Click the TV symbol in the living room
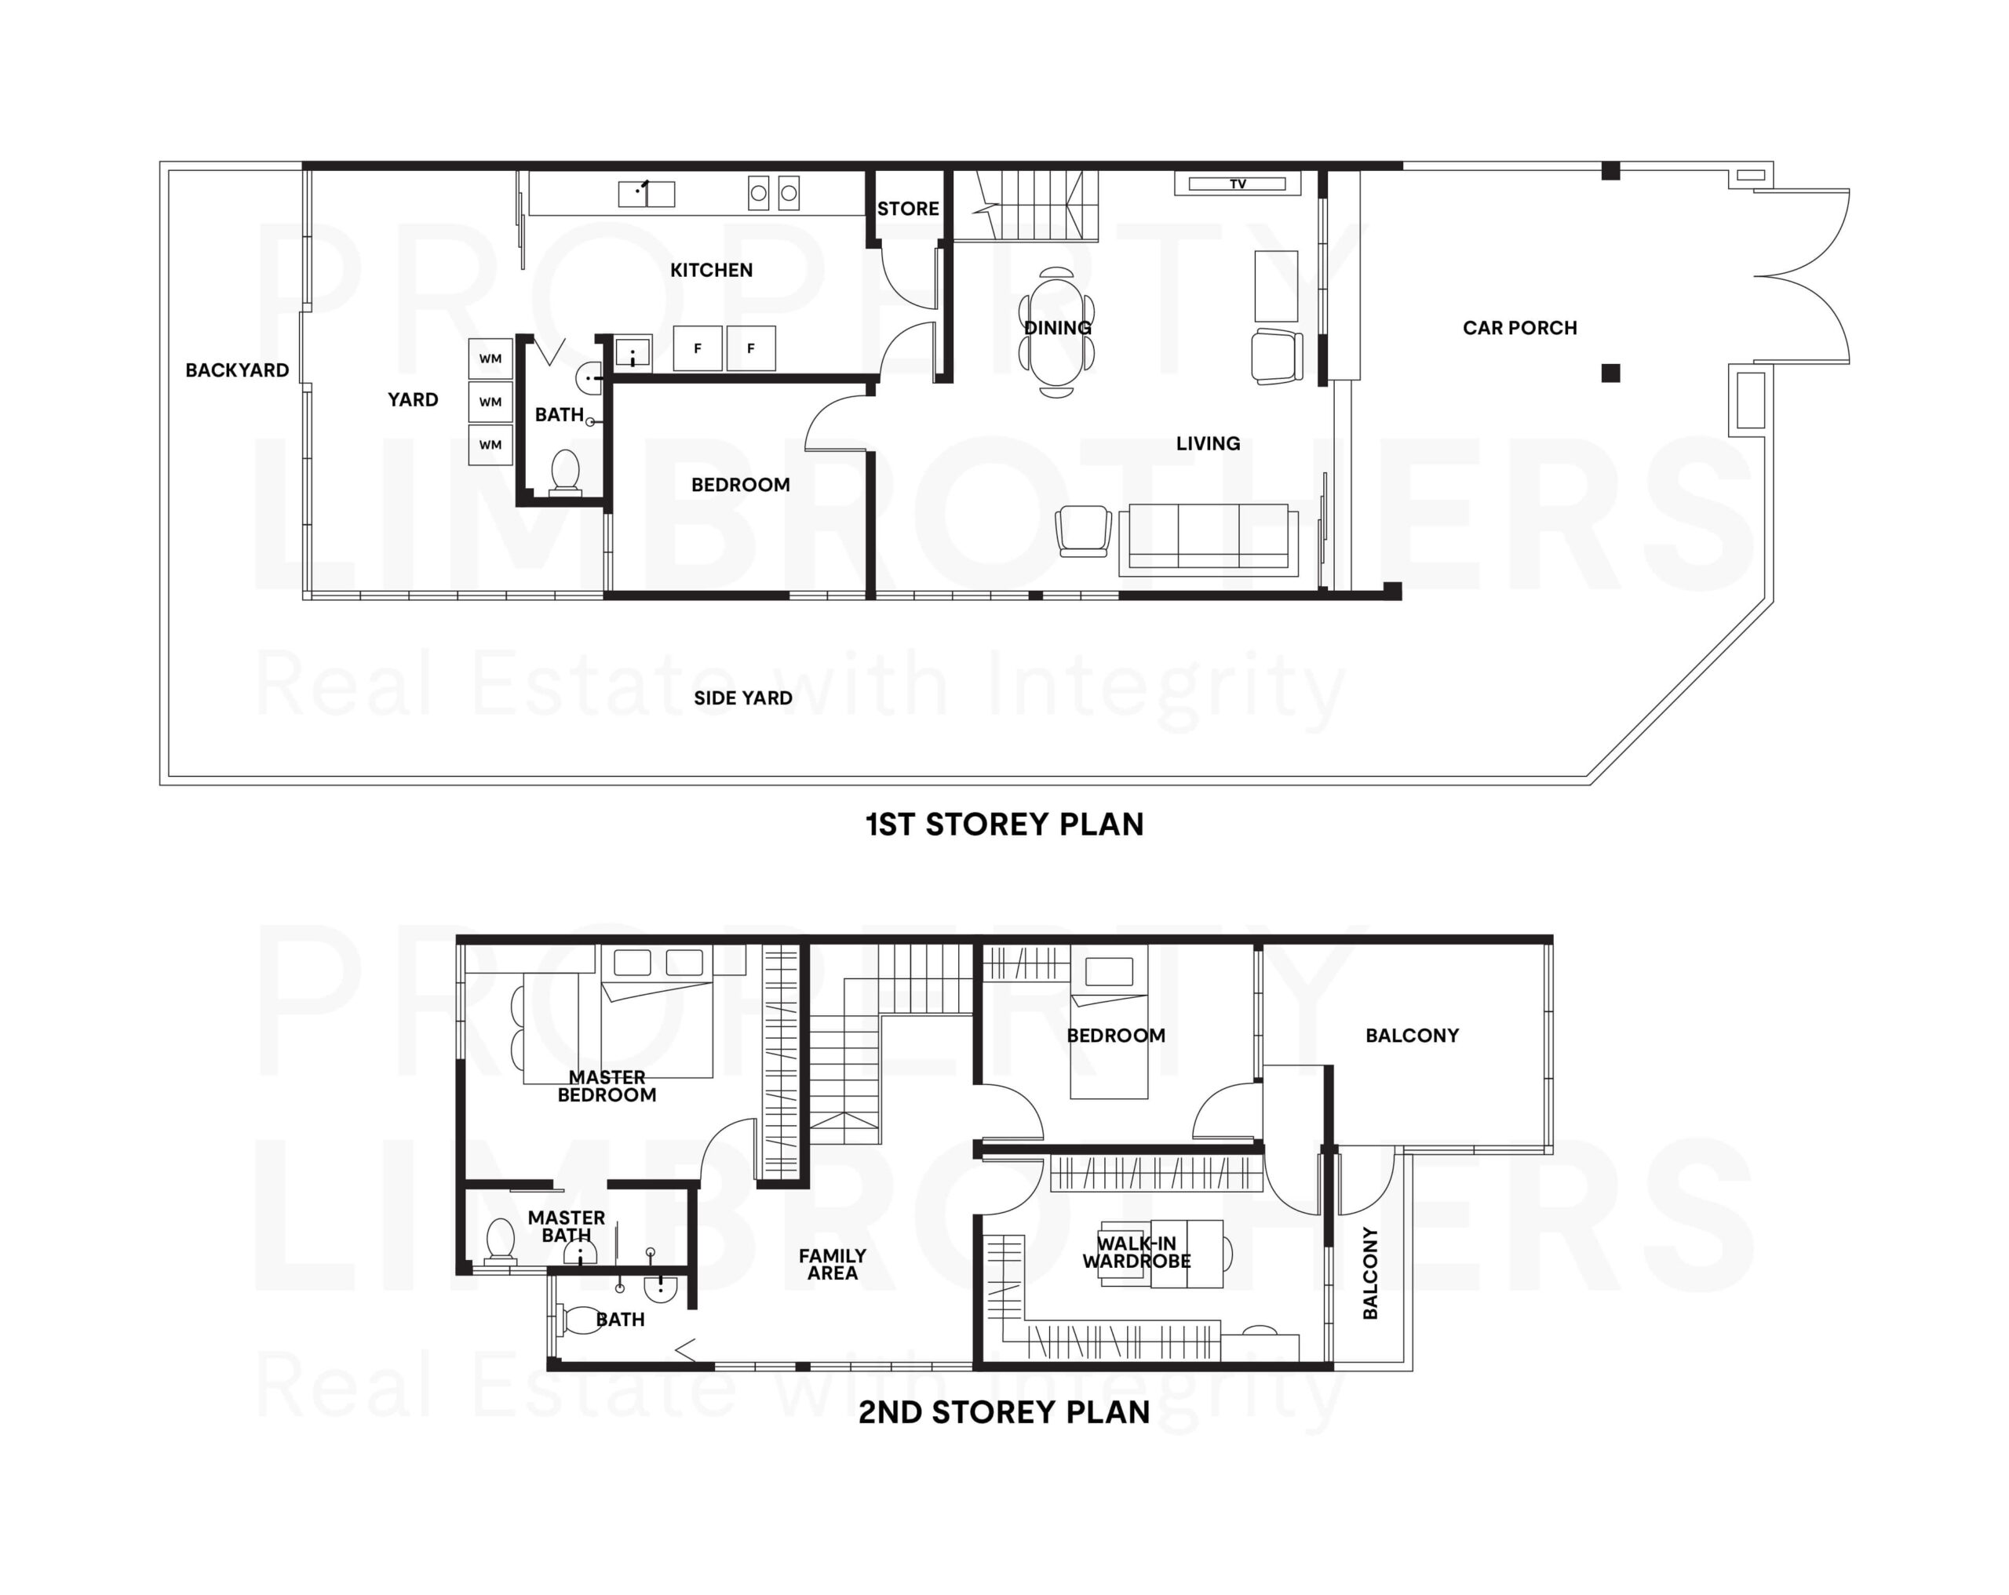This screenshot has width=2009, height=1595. [1238, 184]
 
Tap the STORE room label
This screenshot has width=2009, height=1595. [908, 209]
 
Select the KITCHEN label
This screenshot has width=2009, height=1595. [711, 270]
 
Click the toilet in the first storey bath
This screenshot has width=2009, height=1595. [566, 472]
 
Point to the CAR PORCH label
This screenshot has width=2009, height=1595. [1520, 328]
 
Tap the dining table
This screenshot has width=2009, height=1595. [1056, 332]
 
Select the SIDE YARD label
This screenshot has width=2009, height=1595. [742, 697]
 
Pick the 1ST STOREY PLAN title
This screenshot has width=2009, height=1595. [1004, 825]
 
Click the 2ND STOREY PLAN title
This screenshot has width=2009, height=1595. [1004, 1411]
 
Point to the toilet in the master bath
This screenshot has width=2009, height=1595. [501, 1241]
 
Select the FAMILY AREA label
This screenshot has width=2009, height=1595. [832, 1264]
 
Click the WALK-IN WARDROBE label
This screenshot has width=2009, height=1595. [1137, 1252]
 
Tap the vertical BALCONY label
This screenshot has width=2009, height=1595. [1369, 1273]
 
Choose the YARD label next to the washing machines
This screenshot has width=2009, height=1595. [413, 399]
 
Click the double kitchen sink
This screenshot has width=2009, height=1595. [647, 194]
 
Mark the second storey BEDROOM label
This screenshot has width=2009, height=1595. [1115, 1035]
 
